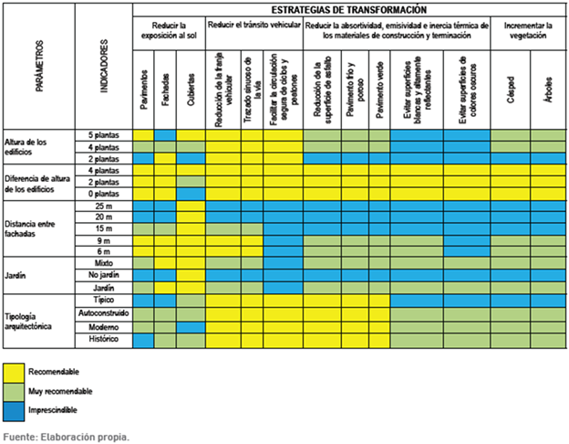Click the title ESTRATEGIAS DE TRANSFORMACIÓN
348,8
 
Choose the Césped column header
510,90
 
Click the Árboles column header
546,90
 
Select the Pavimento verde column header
380,90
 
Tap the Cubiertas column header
191,90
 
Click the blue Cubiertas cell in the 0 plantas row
191,194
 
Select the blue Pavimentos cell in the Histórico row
144,339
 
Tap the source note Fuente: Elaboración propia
67,436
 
